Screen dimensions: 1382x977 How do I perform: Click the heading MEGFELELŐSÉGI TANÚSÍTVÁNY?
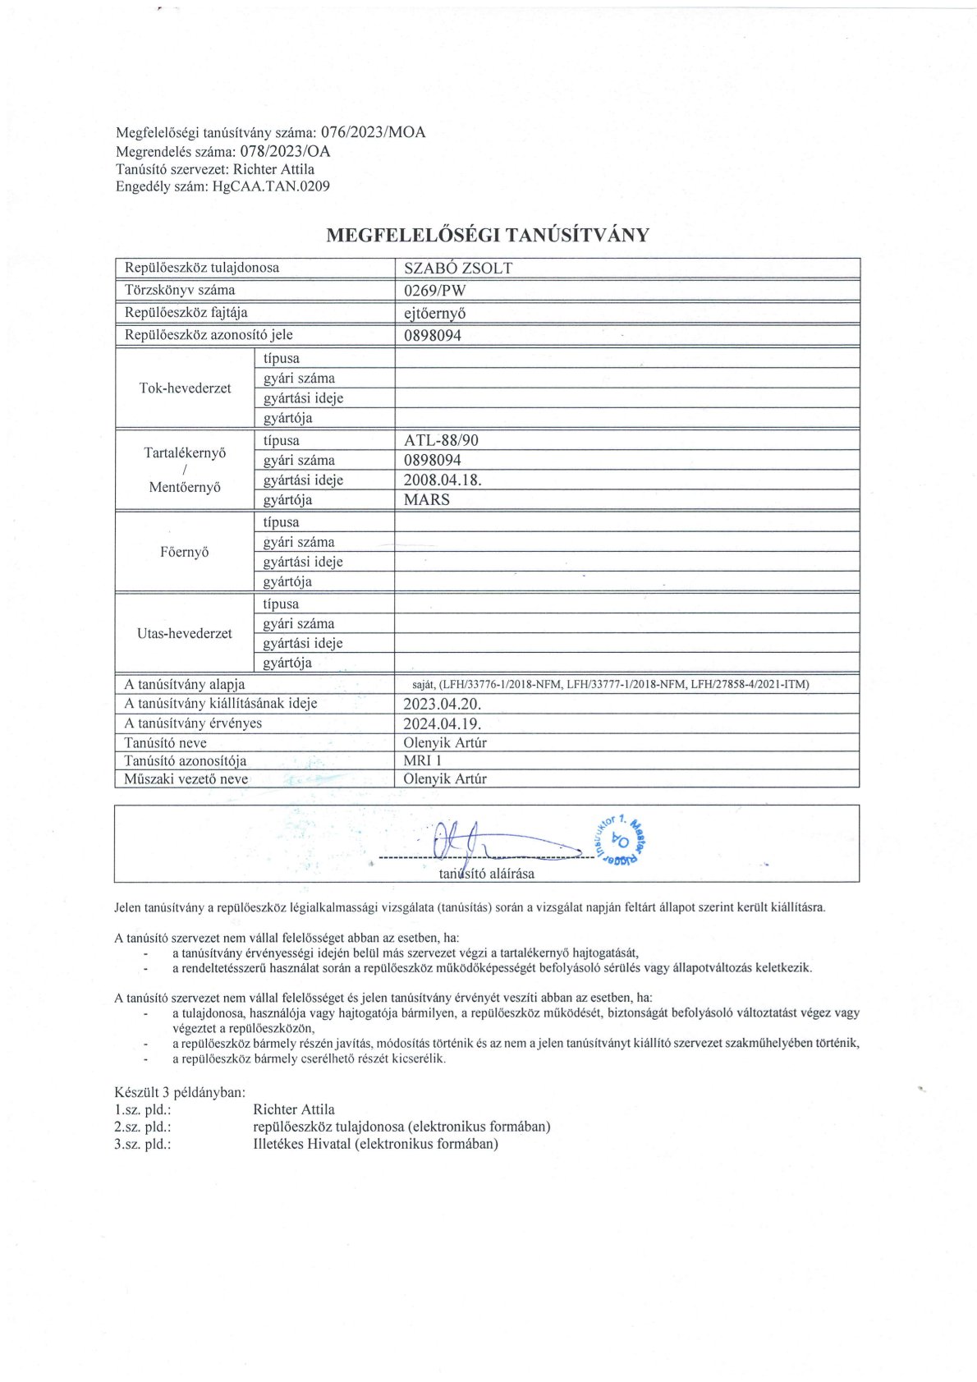[488, 235]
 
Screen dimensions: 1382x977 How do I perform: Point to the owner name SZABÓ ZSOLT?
[458, 268]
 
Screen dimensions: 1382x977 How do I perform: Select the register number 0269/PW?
[435, 290]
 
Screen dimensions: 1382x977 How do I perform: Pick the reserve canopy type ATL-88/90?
[441, 440]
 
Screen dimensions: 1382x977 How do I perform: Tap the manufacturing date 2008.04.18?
[443, 480]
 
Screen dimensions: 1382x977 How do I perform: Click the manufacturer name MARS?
[427, 499]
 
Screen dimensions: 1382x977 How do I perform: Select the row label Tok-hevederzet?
[186, 388]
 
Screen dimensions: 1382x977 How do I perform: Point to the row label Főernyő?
[185, 552]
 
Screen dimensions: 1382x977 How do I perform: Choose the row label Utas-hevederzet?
[185, 633]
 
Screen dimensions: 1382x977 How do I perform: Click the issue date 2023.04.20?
[443, 704]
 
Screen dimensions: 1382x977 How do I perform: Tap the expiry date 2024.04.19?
[443, 723]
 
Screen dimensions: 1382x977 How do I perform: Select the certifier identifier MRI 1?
[423, 760]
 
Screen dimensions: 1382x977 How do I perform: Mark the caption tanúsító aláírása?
[487, 874]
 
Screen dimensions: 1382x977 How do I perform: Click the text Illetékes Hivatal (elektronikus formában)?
[376, 1144]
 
